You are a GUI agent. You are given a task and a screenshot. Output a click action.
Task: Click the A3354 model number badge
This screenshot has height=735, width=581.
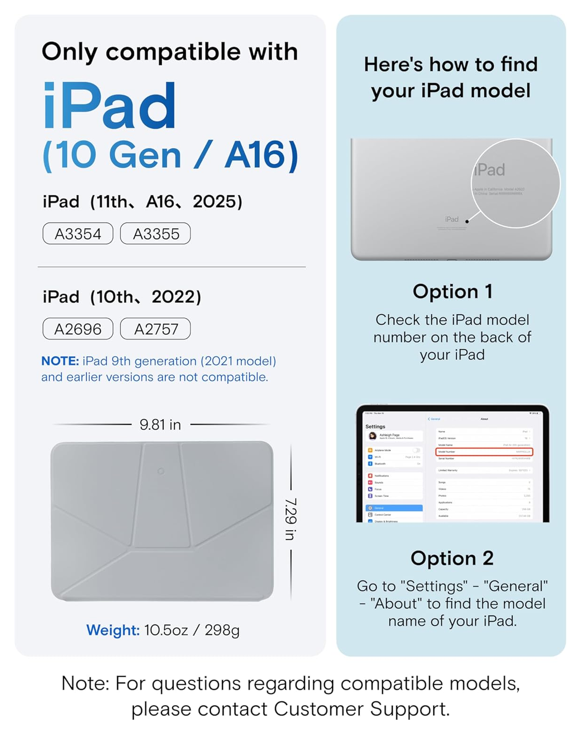78,234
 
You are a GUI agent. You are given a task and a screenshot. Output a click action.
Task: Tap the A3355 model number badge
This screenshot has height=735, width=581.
155,234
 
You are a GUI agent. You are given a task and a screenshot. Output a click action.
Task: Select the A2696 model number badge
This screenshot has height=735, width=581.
78,329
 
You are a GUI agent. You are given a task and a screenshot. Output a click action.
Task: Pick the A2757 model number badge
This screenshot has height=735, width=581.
155,329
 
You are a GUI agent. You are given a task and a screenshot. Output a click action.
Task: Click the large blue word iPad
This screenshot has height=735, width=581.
110,106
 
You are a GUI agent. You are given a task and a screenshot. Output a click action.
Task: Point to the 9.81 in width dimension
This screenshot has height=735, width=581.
160,424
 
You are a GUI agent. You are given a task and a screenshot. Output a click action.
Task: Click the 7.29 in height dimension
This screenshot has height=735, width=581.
291,519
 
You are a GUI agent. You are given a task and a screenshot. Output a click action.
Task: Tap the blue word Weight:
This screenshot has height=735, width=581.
113,630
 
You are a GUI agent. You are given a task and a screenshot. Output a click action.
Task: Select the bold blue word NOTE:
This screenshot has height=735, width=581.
60,361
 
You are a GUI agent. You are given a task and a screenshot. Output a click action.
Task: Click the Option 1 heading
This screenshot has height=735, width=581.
452,292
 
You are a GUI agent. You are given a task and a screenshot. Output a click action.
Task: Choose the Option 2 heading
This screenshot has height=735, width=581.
452,558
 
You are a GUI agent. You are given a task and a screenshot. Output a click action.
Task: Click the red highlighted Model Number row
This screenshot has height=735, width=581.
484,452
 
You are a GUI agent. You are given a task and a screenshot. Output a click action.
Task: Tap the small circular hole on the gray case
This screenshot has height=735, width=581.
161,471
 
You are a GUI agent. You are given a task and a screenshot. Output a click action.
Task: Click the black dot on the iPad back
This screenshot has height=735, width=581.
467,221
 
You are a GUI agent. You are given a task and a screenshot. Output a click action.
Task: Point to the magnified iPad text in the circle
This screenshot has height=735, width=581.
489,170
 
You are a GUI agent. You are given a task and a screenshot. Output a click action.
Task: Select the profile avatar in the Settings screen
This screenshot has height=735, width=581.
373,436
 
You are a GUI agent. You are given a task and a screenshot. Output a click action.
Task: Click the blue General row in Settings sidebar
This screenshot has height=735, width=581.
394,508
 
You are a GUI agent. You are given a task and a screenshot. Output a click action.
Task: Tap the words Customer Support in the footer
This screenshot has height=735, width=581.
361,709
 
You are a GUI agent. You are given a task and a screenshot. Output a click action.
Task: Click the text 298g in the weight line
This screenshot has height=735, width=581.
222,630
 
